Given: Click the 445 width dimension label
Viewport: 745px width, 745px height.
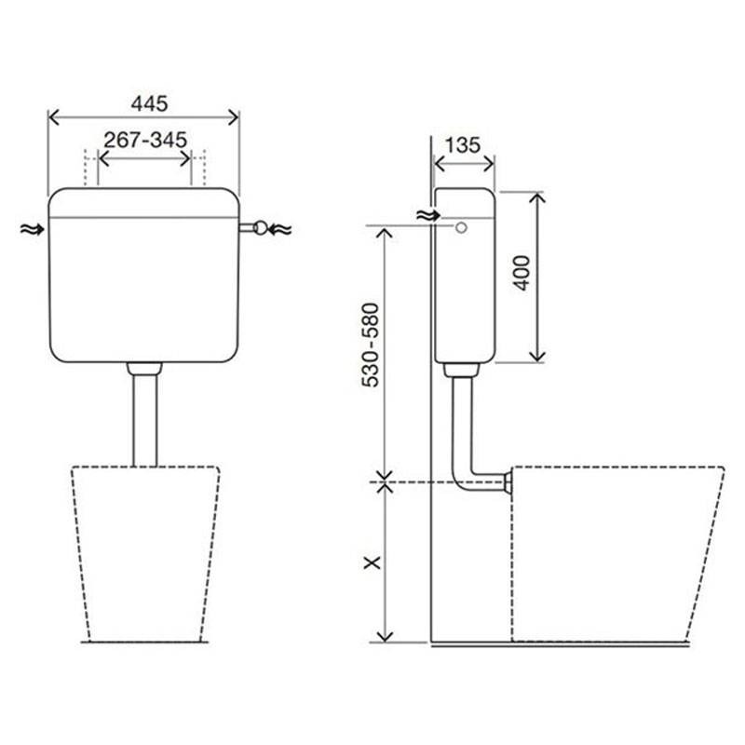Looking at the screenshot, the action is (x=149, y=103).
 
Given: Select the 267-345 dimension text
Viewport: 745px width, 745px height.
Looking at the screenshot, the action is (x=145, y=141).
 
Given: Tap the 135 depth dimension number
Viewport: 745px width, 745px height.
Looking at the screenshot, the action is (x=463, y=145).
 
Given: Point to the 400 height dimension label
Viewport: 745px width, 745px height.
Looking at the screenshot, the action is (x=522, y=273).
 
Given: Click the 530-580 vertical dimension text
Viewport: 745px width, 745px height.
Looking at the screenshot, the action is (x=371, y=345).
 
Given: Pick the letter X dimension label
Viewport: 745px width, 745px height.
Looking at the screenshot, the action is (x=372, y=562).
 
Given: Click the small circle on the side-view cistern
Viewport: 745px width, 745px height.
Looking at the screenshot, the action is (x=461, y=227).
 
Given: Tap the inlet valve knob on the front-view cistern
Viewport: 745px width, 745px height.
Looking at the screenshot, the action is (x=261, y=227).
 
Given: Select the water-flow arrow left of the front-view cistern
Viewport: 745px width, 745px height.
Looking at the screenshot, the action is (x=33, y=230).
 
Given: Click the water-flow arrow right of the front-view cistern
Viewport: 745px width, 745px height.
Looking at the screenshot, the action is (x=280, y=229).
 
